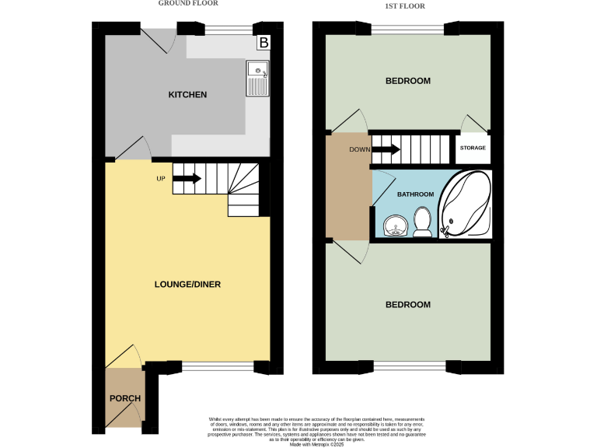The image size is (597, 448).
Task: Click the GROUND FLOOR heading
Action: (188, 3)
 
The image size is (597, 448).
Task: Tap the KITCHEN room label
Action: (188, 95)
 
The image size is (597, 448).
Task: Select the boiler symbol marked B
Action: (264, 43)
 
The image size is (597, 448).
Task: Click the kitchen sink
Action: (257, 78)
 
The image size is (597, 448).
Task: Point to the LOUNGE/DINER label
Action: (187, 285)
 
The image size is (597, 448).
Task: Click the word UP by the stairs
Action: (161, 179)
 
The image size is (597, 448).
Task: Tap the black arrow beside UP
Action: (187, 179)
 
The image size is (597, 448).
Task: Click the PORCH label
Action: (125, 399)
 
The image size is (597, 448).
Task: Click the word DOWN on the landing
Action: (359, 149)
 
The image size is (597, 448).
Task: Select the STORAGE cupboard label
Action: (473, 148)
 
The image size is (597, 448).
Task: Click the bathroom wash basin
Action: (396, 225)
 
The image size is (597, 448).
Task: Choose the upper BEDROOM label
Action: (408, 81)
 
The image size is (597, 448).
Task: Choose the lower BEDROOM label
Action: (408, 305)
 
